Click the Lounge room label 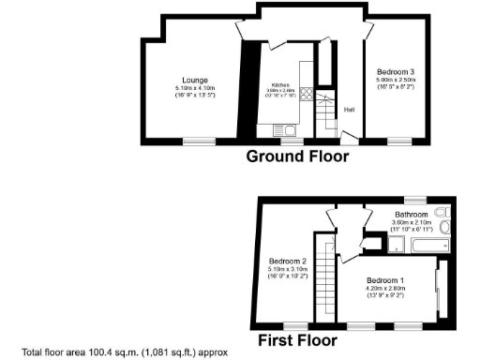tap(196, 80)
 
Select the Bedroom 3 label tap(396, 72)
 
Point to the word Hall tap(349, 109)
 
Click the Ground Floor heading tap(297, 157)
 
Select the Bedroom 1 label tap(384, 280)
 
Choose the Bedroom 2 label tap(288, 262)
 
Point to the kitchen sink tap(287, 130)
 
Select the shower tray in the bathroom tap(397, 245)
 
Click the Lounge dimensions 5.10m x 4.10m tap(195, 88)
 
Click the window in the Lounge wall tap(197, 142)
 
